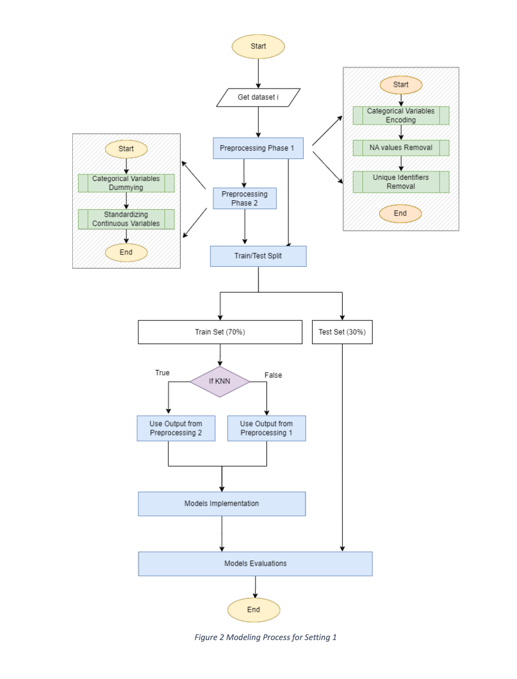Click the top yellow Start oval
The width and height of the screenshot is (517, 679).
click(x=258, y=46)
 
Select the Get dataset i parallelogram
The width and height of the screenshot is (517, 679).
click(x=258, y=97)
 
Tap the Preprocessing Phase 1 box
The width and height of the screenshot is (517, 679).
click(x=258, y=148)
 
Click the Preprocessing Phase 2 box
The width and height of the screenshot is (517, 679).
click(x=244, y=199)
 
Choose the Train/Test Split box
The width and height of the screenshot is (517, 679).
click(x=258, y=256)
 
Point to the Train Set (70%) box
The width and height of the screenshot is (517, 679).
click(x=220, y=332)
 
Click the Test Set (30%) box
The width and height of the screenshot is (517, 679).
click(x=342, y=332)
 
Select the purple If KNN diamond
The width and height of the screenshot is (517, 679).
click(x=220, y=381)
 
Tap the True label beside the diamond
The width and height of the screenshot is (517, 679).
click(x=162, y=373)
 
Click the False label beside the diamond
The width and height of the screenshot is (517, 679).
click(x=273, y=375)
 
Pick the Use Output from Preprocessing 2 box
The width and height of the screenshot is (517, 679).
click(x=176, y=429)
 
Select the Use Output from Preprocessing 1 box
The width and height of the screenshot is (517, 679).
click(x=266, y=429)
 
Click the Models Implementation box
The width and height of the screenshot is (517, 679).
click(x=221, y=504)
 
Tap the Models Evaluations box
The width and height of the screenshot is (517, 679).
click(x=255, y=563)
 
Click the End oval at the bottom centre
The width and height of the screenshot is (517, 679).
click(x=253, y=610)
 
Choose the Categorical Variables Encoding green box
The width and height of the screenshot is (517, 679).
click(x=401, y=115)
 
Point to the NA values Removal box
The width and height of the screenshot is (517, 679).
click(x=401, y=148)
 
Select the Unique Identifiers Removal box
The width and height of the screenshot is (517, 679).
click(x=401, y=182)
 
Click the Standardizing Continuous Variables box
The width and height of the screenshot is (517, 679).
click(x=126, y=219)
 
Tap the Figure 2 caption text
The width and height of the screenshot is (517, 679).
click(x=265, y=637)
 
